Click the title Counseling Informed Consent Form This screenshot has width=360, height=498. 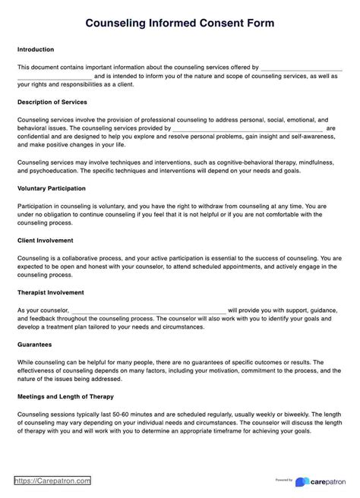tap(180, 24)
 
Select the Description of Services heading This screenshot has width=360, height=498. tap(52, 101)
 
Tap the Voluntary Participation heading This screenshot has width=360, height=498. tap(51, 188)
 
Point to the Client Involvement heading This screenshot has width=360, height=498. tap(45, 240)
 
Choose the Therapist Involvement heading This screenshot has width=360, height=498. tap(50, 292)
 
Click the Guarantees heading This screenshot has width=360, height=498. tap(34, 344)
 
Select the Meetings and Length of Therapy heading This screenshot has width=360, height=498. tap(65, 396)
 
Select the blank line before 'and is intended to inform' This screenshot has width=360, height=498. tap(54, 76)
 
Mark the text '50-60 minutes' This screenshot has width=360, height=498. tap(124, 413)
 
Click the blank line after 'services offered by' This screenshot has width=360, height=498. tap(301, 68)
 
